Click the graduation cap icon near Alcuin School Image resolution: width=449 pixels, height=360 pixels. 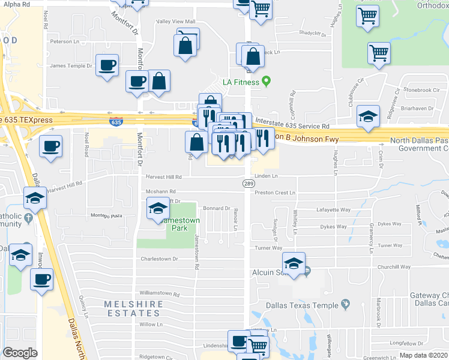point(294,263)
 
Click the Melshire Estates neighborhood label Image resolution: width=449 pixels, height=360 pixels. point(133,308)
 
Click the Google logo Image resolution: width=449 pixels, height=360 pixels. point(20,352)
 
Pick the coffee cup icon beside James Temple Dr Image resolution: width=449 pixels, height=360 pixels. point(107,65)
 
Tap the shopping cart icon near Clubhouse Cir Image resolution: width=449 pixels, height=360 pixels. point(379,53)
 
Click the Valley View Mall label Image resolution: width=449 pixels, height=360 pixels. point(176,22)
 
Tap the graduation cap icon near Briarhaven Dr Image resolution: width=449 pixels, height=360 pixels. point(367,116)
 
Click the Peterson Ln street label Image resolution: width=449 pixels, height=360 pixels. point(65,42)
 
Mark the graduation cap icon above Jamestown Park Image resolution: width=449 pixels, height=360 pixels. point(157,209)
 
